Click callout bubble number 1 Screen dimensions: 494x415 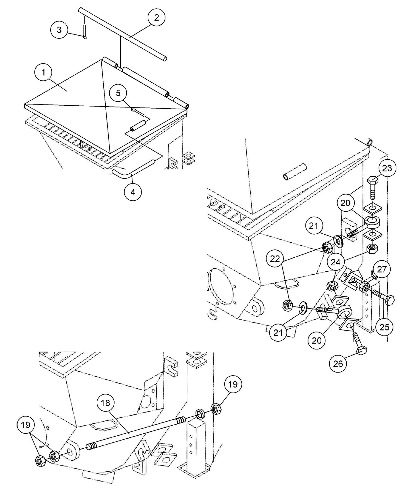pyautogui.click(x=43, y=73)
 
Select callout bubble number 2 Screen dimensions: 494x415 pyautogui.click(x=156, y=18)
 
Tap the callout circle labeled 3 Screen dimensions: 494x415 pyautogui.click(x=59, y=30)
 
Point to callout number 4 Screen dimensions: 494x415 pyautogui.click(x=133, y=192)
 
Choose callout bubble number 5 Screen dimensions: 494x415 pyautogui.click(x=118, y=94)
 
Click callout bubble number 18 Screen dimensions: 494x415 pyautogui.click(x=106, y=403)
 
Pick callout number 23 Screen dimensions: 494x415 pyautogui.click(x=387, y=168)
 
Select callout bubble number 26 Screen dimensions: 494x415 pyautogui.click(x=338, y=364)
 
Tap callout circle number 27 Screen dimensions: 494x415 pyautogui.click(x=382, y=269)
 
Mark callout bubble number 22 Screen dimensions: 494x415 pyautogui.click(x=275, y=259)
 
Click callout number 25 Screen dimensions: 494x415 pyautogui.click(x=385, y=327)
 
